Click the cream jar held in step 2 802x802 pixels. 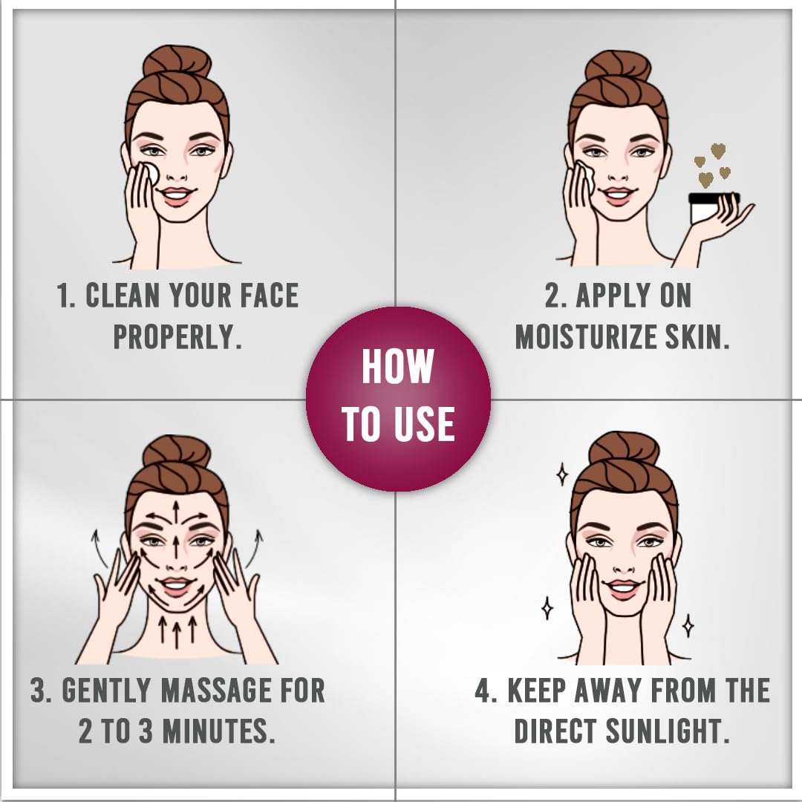coord(713,208)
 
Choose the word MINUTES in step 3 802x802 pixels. coord(218,731)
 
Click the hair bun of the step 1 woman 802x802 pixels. coord(177,63)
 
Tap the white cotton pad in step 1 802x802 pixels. coord(150,172)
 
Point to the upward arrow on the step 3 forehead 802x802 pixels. coord(176,512)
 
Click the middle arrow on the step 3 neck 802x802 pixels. coord(177,630)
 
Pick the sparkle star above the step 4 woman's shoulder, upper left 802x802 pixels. coord(561,474)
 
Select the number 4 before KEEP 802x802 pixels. coord(483,691)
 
